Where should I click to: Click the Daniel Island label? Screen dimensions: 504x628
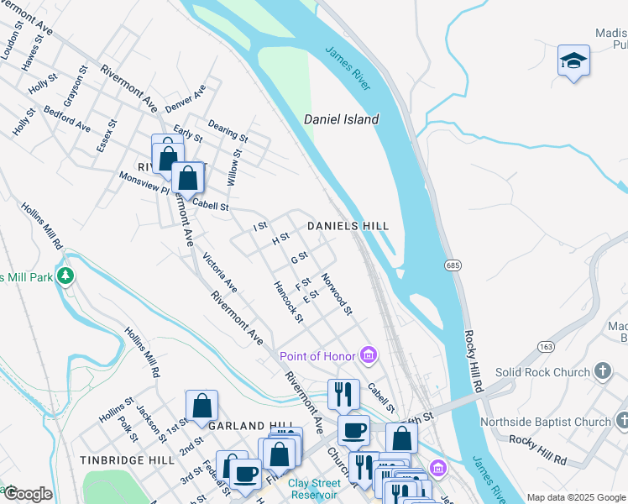[x=342, y=119]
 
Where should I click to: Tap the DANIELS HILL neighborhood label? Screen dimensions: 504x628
[x=348, y=226]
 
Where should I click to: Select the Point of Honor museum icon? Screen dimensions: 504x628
[x=368, y=355]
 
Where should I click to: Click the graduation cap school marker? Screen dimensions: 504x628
[x=573, y=60]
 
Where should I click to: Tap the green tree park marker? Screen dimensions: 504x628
[x=65, y=276]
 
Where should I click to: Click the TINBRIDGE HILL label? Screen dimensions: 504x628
[x=124, y=460]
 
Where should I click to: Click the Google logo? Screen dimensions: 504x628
[x=28, y=494]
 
